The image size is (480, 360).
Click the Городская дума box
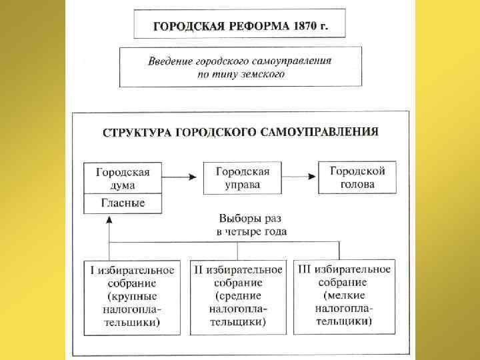pos(123,178)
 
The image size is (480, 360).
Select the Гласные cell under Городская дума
pos(123,203)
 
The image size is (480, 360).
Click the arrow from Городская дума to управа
pos(181,177)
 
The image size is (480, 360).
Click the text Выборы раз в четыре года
pos(251,225)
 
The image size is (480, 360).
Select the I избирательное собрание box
pos(132,297)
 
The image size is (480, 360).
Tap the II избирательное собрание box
pos(237,297)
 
